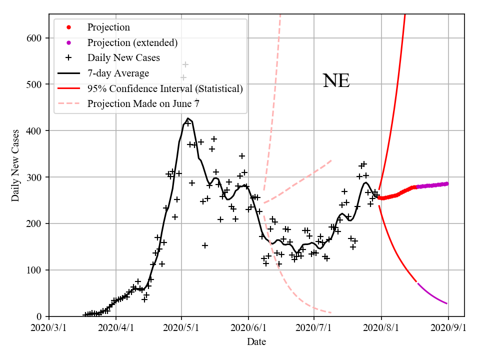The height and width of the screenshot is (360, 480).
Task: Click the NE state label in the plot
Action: click(x=336, y=81)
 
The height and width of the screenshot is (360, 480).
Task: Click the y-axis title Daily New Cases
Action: click(x=15, y=165)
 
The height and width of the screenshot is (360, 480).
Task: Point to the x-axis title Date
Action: click(x=256, y=342)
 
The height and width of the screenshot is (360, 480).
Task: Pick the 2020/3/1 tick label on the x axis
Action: click(x=49, y=328)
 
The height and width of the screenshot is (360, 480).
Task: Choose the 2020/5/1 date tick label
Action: click(x=182, y=328)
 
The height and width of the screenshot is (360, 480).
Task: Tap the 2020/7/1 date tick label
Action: click(x=314, y=328)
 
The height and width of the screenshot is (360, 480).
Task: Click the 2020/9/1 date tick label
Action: click(x=448, y=328)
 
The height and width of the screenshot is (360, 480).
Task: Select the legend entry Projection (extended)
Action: click(x=132, y=42)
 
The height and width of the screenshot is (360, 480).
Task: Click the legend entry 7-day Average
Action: click(x=118, y=73)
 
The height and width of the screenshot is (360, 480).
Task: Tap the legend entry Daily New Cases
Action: click(x=123, y=58)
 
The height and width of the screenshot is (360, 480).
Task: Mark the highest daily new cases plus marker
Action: click(x=185, y=64)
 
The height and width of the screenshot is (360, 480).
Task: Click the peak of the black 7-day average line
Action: click(x=188, y=118)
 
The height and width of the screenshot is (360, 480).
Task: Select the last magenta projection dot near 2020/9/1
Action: click(x=446, y=183)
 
